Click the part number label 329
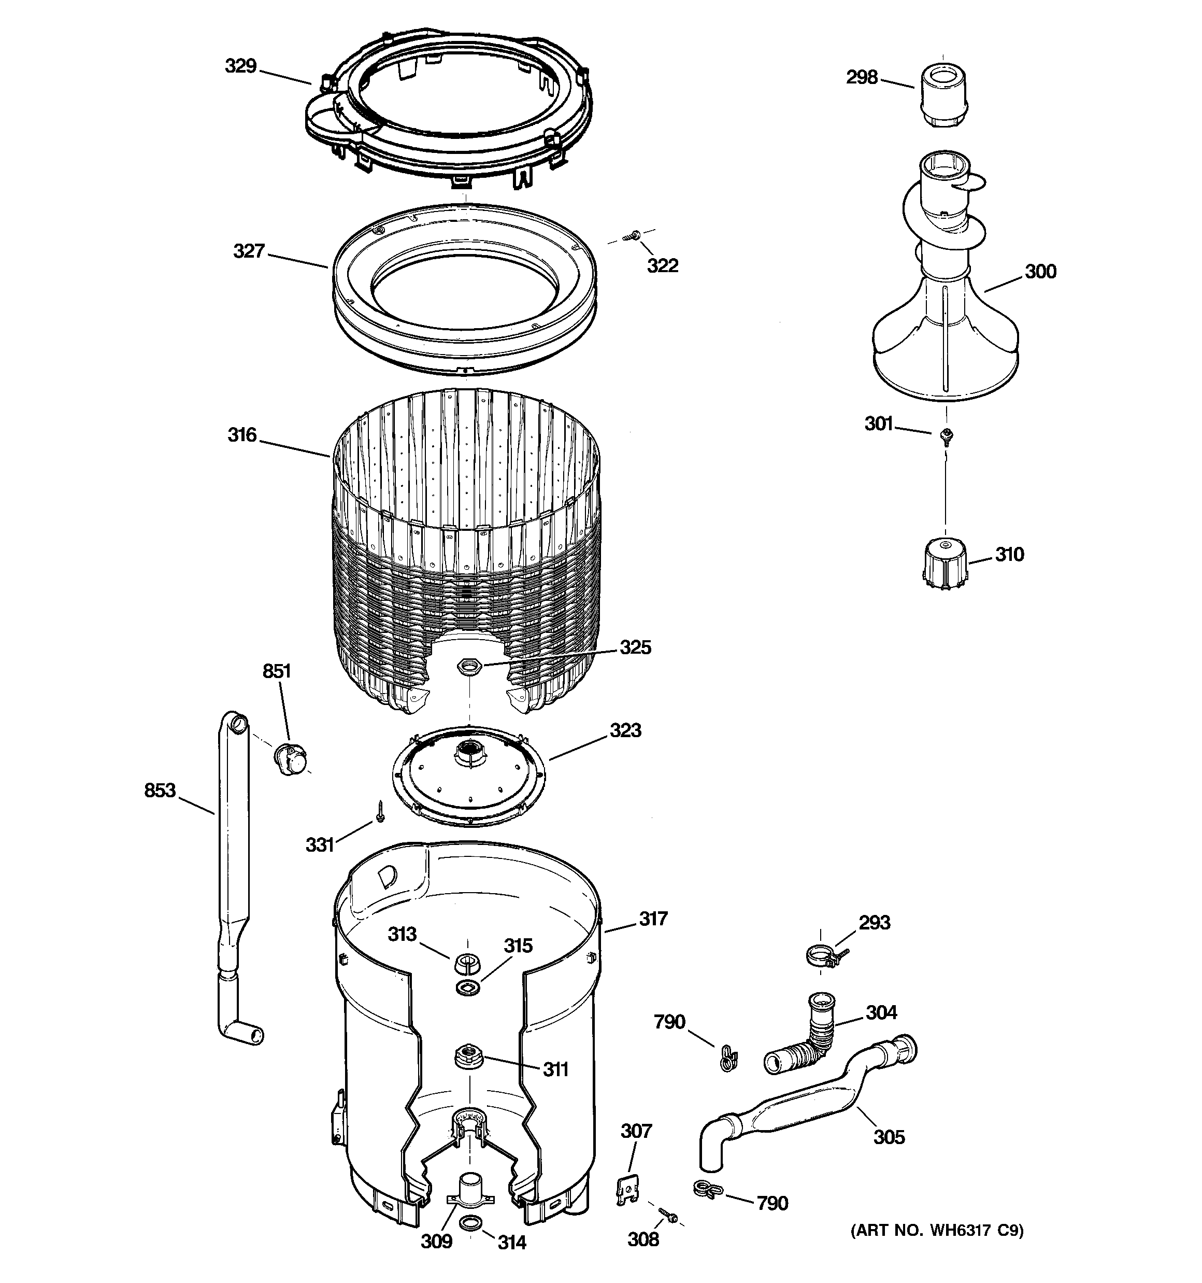pos(240,66)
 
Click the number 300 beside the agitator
pos(1040,272)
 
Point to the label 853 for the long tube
pos(160,791)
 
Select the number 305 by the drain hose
pos(889,1137)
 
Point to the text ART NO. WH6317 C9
pos(937,1231)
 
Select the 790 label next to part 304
pos(669,1022)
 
